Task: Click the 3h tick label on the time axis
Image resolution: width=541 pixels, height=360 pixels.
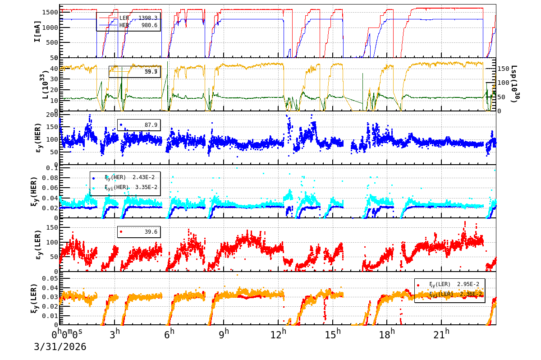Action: (115, 333)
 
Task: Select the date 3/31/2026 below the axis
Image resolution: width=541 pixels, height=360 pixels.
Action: (60, 347)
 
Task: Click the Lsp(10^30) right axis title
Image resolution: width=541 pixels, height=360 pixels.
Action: (514, 84)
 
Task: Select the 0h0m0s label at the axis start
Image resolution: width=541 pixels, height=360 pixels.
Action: (67, 334)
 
